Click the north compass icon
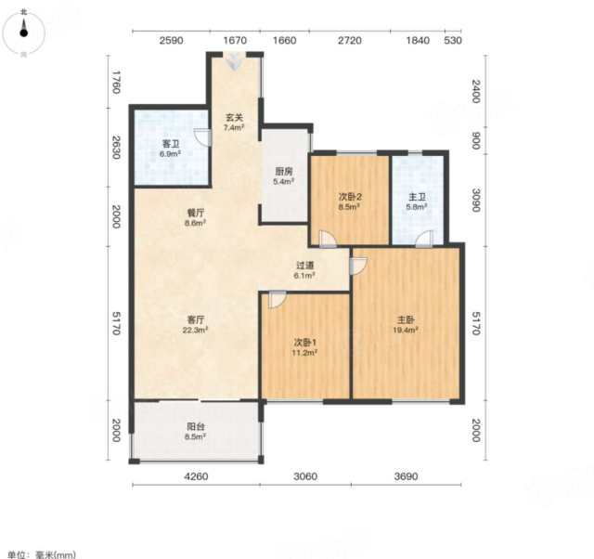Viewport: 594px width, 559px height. [23, 32]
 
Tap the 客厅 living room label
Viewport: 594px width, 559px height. [196, 318]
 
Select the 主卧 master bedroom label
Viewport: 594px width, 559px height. [406, 319]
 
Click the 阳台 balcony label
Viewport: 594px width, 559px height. [196, 426]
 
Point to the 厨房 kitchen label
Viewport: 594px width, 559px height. [284, 171]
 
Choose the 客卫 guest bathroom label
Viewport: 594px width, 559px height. [171, 144]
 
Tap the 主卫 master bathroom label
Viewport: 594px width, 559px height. [417, 197]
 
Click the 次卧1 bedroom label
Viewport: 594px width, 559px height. [306, 343]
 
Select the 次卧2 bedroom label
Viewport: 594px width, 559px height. [350, 197]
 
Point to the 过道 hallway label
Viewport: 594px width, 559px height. [305, 266]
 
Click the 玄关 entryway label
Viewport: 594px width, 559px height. [234, 118]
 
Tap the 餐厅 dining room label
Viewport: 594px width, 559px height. [196, 213]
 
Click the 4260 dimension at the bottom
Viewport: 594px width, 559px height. [196, 476]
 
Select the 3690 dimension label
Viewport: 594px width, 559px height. [406, 476]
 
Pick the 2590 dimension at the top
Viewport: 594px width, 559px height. [171, 40]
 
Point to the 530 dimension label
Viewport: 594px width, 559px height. [453, 40]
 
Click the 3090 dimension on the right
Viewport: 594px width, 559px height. [476, 200]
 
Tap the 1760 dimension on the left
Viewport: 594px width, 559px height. [116, 83]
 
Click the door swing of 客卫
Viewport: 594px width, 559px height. [202, 137]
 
